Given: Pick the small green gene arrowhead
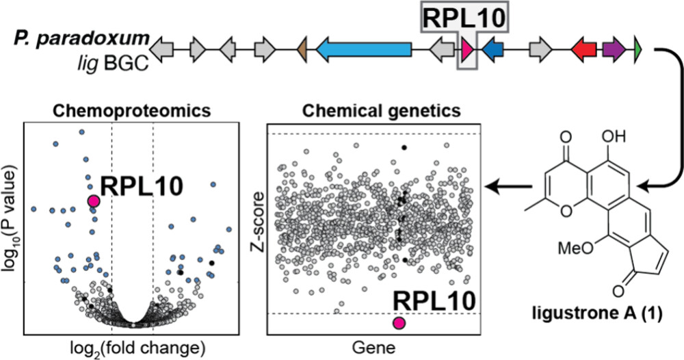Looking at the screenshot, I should [637, 49].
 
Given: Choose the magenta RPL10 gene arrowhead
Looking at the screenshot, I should [468, 49].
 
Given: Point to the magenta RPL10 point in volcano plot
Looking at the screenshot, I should [94, 201].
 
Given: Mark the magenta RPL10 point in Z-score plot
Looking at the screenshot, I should [399, 323].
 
